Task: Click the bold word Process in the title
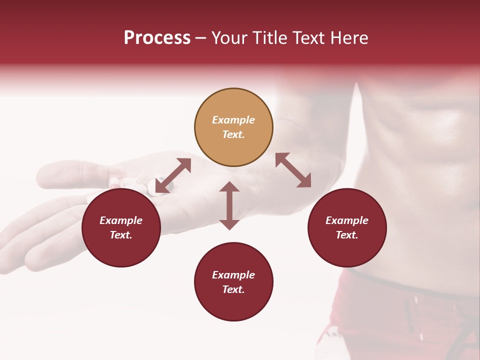click(x=157, y=38)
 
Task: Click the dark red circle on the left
click(x=121, y=227)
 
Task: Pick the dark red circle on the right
click(x=347, y=227)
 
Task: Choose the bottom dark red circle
click(x=233, y=282)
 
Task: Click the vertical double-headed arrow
click(x=229, y=205)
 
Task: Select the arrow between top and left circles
click(x=173, y=175)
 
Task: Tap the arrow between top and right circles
click(x=293, y=170)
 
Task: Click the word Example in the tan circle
click(x=233, y=120)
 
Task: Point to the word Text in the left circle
click(x=120, y=235)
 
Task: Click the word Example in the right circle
click(x=347, y=220)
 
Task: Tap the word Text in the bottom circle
click(x=233, y=289)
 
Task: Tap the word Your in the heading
click(x=229, y=38)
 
